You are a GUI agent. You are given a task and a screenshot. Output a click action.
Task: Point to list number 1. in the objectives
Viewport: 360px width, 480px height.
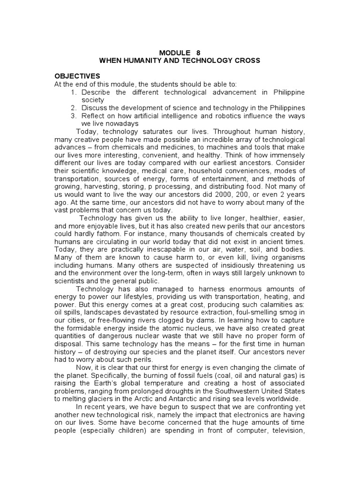pos(74,92)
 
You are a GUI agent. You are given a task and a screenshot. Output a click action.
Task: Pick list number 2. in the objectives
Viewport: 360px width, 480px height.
pos(74,108)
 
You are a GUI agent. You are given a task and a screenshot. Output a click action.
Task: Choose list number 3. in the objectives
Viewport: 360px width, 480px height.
pos(74,116)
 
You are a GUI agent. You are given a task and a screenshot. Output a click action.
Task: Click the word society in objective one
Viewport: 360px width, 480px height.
pos(93,100)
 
